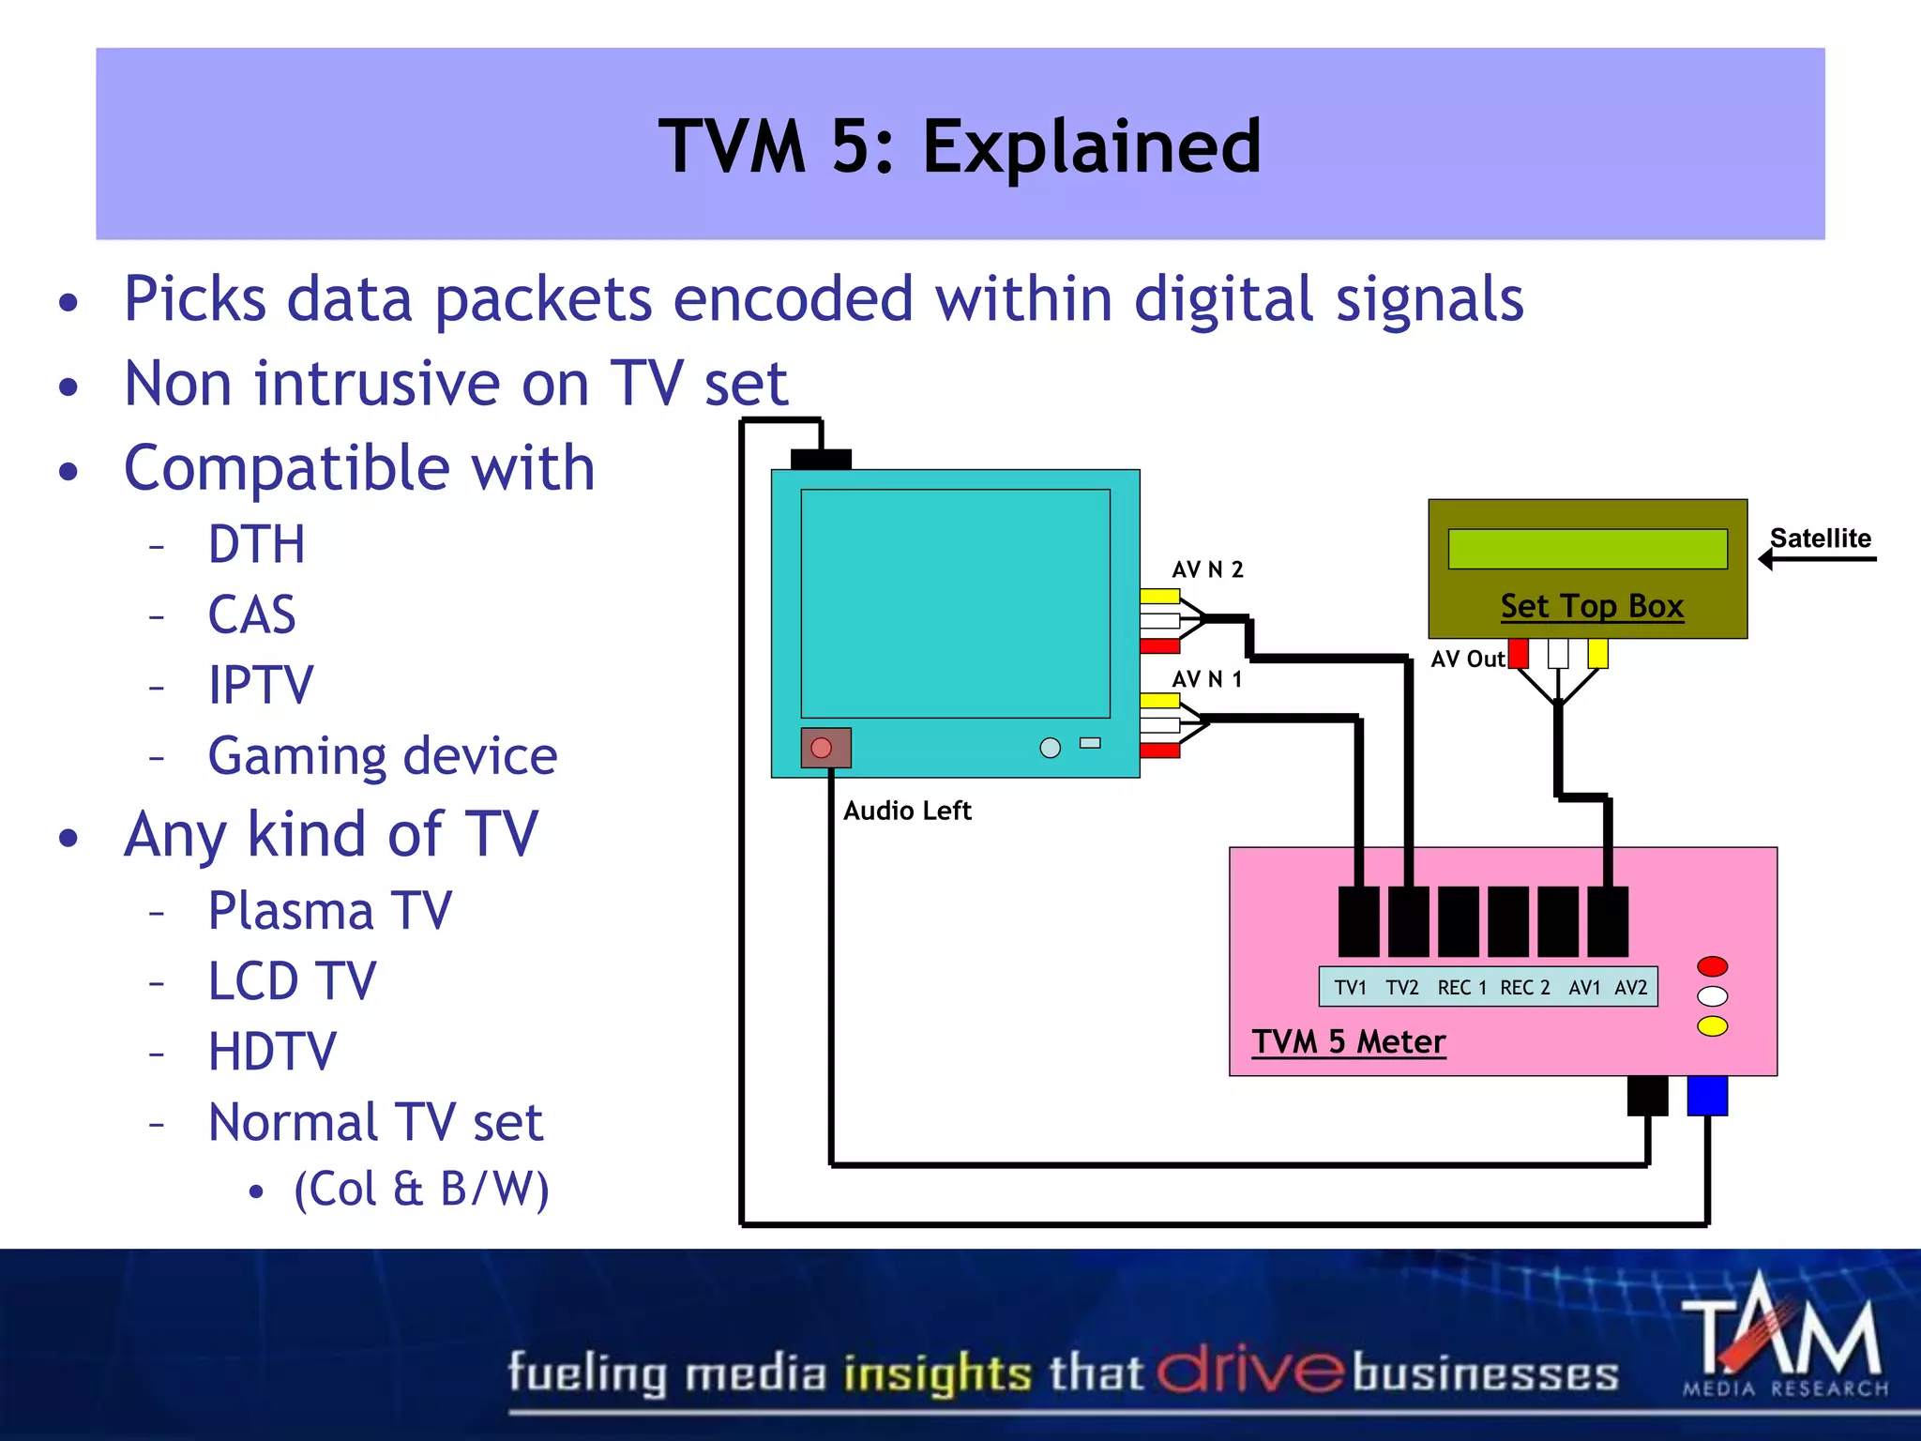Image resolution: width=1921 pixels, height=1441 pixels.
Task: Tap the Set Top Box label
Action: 1592,606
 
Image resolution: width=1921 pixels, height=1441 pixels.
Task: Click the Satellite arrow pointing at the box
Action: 1816,559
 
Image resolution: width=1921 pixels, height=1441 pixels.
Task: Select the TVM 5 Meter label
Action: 1349,1041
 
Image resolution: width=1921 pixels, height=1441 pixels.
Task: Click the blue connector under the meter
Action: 1707,1095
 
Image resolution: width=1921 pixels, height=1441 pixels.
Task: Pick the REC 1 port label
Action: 1461,988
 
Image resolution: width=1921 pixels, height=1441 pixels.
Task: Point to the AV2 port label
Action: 1630,988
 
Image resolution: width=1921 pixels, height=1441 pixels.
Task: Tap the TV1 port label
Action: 1350,988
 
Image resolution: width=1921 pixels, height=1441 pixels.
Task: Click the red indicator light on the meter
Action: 1712,966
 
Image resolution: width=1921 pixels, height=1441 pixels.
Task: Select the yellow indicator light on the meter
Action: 1712,1026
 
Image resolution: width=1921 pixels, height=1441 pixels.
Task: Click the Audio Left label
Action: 906,811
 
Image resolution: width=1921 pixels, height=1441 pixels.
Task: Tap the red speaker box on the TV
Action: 825,748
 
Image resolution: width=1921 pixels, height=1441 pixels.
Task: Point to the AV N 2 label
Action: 1207,569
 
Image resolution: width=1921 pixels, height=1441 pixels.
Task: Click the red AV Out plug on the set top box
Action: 1519,653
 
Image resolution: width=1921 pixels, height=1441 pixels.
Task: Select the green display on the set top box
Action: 1587,549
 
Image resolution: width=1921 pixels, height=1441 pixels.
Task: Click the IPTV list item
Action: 261,685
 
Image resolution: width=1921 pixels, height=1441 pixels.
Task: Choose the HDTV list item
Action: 272,1052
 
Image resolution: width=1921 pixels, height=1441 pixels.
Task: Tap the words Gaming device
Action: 383,756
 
